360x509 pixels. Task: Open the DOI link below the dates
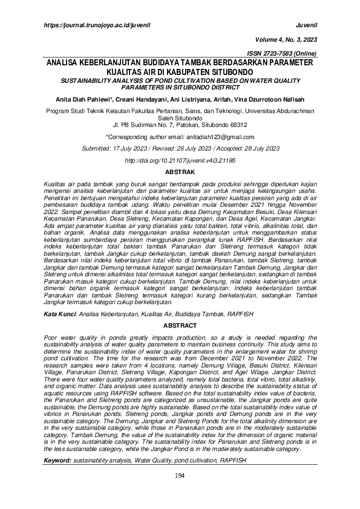coord(180,161)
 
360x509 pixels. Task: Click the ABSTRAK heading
coord(180,173)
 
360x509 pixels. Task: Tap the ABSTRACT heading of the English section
coord(180,325)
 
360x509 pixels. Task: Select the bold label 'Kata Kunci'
coord(60,315)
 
